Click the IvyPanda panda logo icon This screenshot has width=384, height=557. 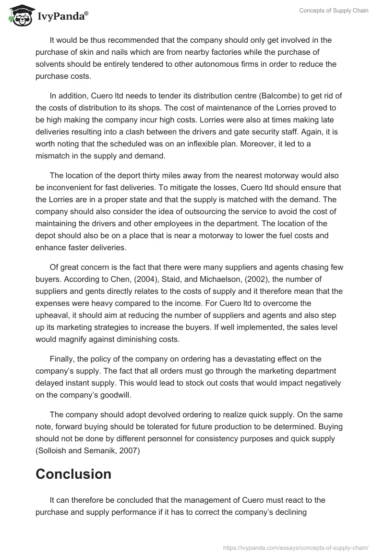pos(19,16)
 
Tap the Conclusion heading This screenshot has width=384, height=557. pos(73,474)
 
